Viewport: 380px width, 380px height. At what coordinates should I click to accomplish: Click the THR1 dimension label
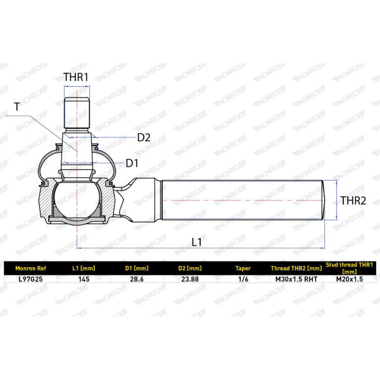[x=76, y=77]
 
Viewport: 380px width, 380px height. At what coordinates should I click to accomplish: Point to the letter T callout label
[x=16, y=106]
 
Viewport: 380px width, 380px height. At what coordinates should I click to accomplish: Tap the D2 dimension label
[x=144, y=137]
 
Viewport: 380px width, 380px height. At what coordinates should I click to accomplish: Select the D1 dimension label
[x=132, y=163]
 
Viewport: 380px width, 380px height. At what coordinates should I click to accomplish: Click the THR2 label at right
[x=353, y=200]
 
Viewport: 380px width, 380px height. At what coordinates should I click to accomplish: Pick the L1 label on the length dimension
[x=196, y=242]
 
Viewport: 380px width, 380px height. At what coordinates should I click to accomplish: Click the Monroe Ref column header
[x=31, y=269]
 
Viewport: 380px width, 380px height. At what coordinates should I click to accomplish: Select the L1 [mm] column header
[x=84, y=269]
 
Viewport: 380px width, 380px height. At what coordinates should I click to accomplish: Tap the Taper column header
[x=243, y=269]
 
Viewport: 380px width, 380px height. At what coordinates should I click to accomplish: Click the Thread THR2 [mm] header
[x=296, y=269]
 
